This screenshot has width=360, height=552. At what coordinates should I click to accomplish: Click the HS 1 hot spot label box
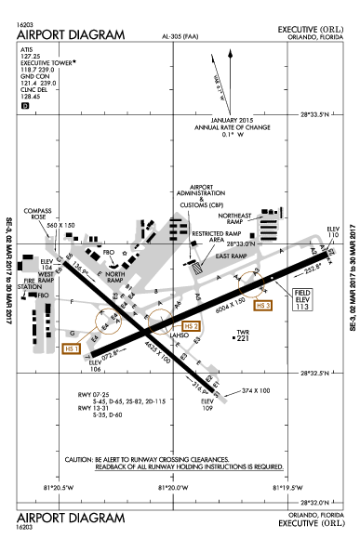point(71,348)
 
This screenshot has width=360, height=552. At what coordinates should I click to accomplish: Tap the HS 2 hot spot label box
point(191,326)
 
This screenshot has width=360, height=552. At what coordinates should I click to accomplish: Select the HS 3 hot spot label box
point(265,305)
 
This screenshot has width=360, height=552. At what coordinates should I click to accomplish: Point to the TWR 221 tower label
point(245,335)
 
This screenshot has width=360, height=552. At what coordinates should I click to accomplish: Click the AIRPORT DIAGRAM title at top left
point(71,34)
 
